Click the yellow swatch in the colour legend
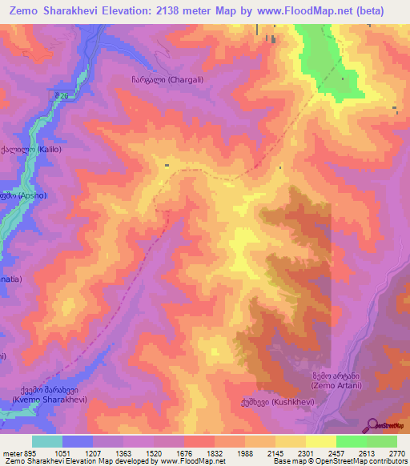320,441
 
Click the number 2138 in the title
167,11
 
